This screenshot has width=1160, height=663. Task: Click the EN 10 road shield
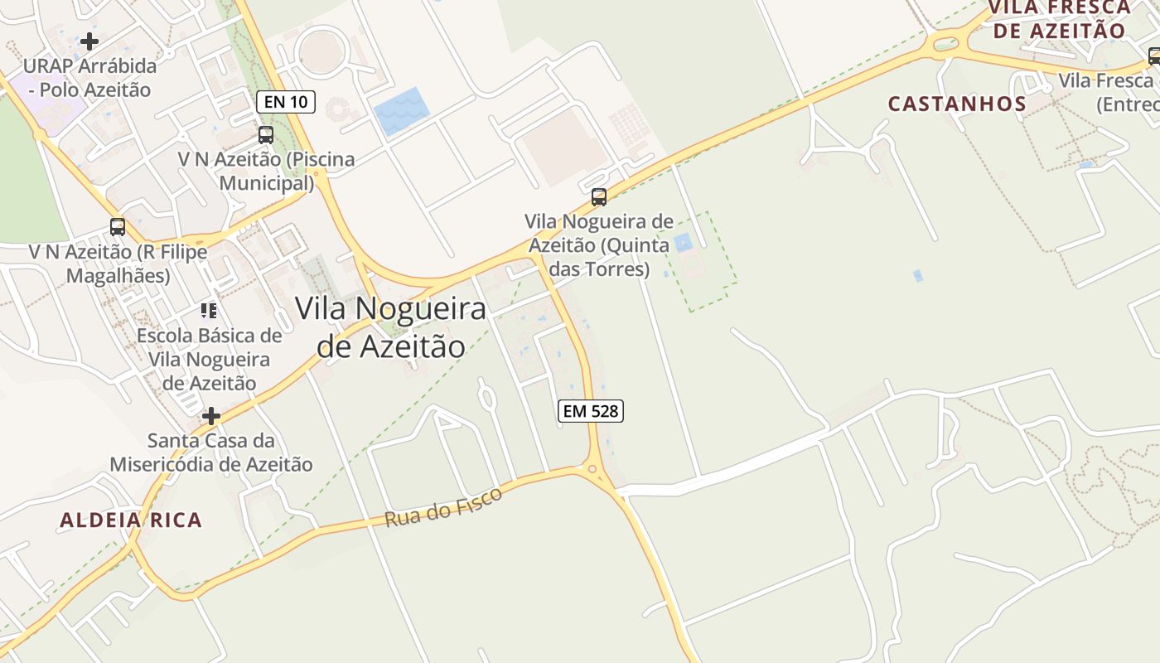pyautogui.click(x=286, y=102)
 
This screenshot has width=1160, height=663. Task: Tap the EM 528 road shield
pyautogui.click(x=590, y=410)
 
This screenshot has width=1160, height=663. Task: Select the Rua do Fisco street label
pyautogui.click(x=443, y=507)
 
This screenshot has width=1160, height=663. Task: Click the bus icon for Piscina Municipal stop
pyautogui.click(x=266, y=134)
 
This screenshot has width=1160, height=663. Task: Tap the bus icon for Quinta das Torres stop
pyautogui.click(x=598, y=197)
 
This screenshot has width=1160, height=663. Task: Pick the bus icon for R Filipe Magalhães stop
pyautogui.click(x=118, y=226)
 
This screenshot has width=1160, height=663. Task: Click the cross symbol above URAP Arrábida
pyautogui.click(x=89, y=41)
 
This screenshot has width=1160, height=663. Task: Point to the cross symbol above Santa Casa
pyautogui.click(x=211, y=415)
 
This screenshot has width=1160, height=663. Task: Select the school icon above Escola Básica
pyautogui.click(x=209, y=311)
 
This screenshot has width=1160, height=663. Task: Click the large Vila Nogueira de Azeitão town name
pyautogui.click(x=390, y=327)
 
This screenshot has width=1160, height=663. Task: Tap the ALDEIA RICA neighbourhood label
pyautogui.click(x=131, y=520)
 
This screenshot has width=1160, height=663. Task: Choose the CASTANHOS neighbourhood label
pyautogui.click(x=957, y=104)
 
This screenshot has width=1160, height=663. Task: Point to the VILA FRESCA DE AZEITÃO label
pyautogui.click(x=1060, y=20)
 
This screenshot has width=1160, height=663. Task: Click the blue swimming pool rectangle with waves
pyautogui.click(x=401, y=111)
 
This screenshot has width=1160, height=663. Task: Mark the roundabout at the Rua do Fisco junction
pyautogui.click(x=592, y=469)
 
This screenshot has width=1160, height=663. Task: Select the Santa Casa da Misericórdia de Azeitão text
pyautogui.click(x=211, y=452)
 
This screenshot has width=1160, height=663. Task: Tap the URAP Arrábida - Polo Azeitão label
pyautogui.click(x=89, y=77)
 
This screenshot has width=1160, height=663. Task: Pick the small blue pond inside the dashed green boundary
pyautogui.click(x=683, y=243)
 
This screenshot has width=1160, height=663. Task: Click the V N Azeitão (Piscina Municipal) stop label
pyautogui.click(x=266, y=171)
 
